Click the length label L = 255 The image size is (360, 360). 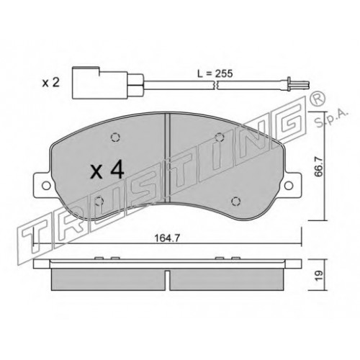click(x=215, y=73)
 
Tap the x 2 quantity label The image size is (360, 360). click(x=50, y=83)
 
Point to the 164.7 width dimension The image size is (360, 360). click(x=167, y=238)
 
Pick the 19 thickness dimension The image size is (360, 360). click(x=319, y=276)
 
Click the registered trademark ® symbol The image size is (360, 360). click(x=318, y=99)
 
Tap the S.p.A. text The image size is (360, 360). click(x=331, y=118)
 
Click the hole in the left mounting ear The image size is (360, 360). click(x=46, y=186)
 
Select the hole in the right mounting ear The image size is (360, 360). click(x=289, y=185)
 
